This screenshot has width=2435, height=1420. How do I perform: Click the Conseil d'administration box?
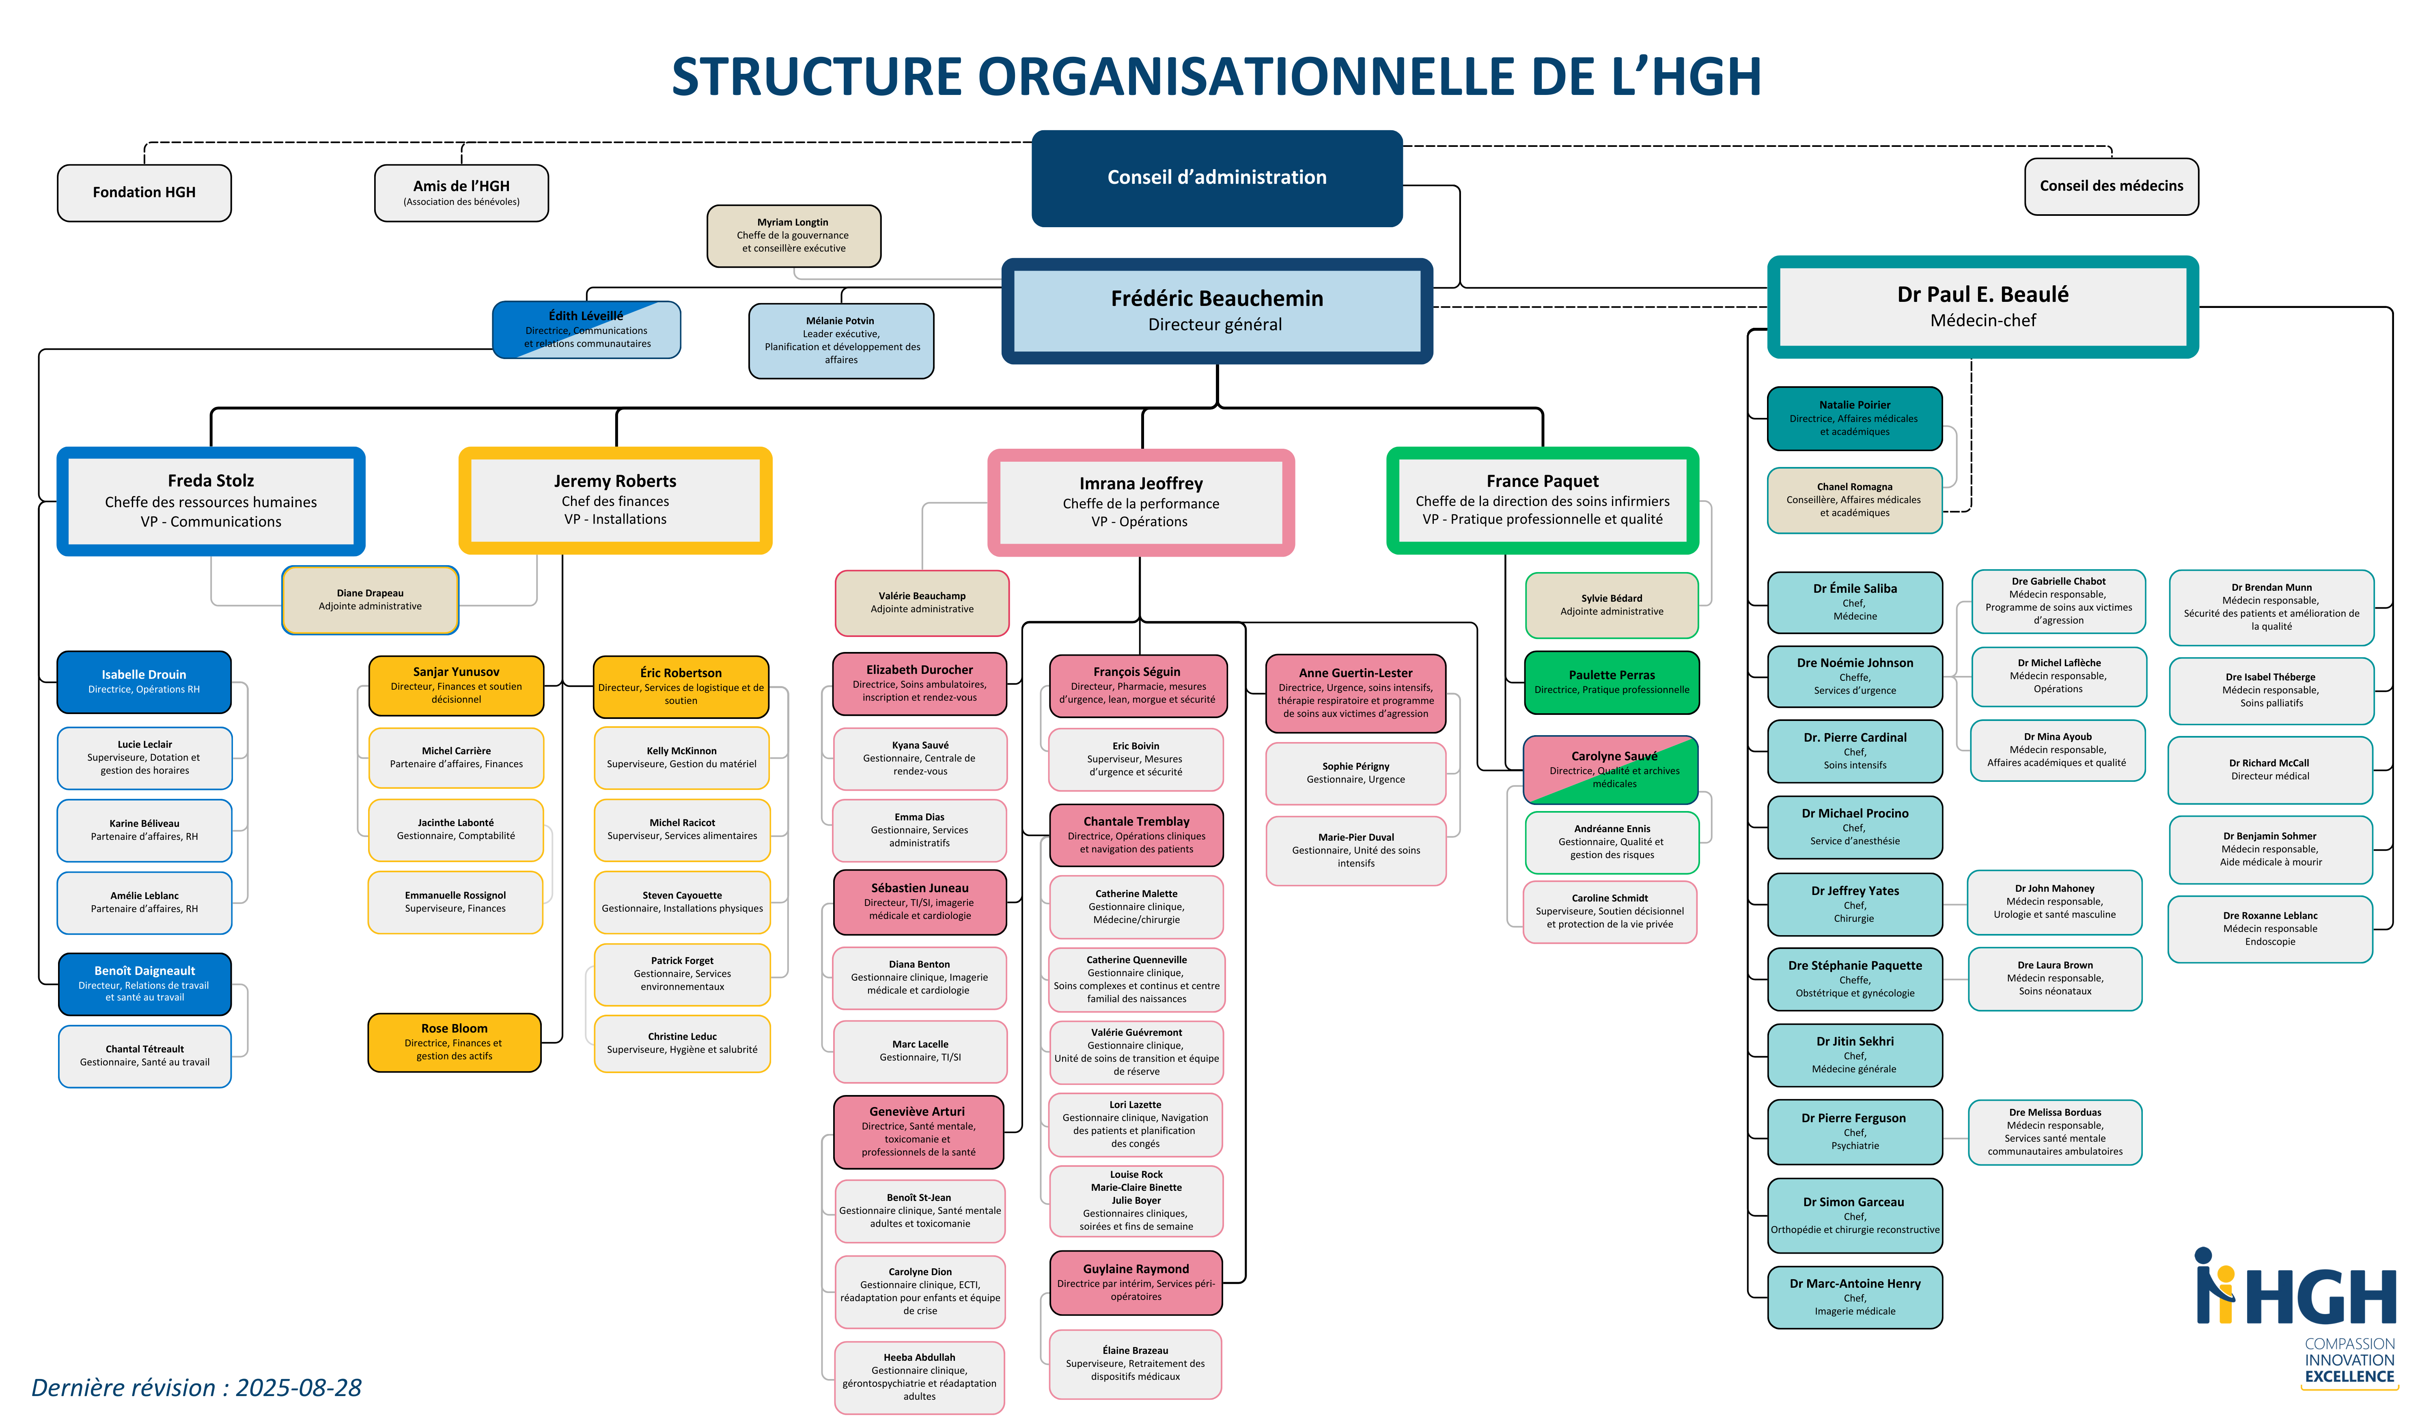(1217, 178)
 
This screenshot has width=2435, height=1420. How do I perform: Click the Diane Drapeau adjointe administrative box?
(370, 600)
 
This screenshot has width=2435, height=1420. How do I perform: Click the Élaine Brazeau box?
(1136, 1363)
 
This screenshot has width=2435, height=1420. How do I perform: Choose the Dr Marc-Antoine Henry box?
(1854, 1296)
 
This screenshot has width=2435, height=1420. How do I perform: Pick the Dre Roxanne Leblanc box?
(2270, 928)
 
